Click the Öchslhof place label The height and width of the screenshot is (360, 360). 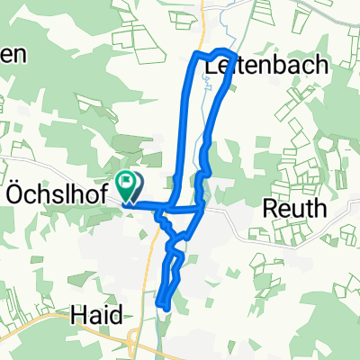tap(57, 193)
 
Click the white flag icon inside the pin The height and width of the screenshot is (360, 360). tap(128, 184)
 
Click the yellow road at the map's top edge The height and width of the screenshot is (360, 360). tap(205, 7)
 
